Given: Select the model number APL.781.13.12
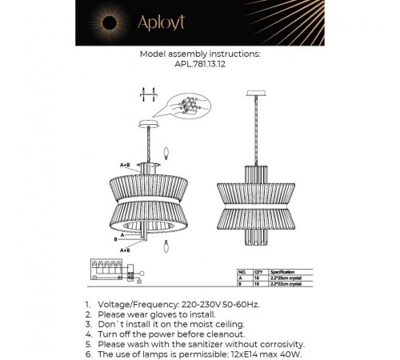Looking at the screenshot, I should coord(199,66).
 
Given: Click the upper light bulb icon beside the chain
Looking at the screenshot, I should coord(165,151).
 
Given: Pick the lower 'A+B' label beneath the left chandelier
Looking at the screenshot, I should coord(125,250).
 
